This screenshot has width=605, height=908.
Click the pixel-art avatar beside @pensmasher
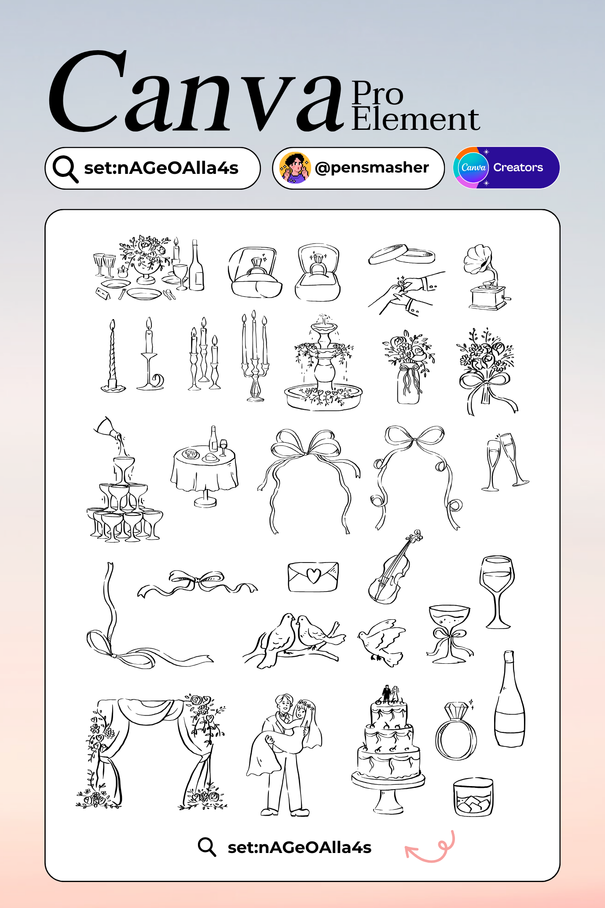point(295,168)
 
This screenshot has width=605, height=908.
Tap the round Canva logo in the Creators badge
point(473,168)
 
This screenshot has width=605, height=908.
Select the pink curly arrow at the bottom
point(430,848)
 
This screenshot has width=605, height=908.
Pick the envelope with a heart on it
point(313,577)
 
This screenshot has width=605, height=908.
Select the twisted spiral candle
point(113,357)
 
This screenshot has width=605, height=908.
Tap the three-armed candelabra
point(255,357)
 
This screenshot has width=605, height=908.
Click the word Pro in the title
point(377,93)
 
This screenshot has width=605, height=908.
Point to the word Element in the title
point(415,119)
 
